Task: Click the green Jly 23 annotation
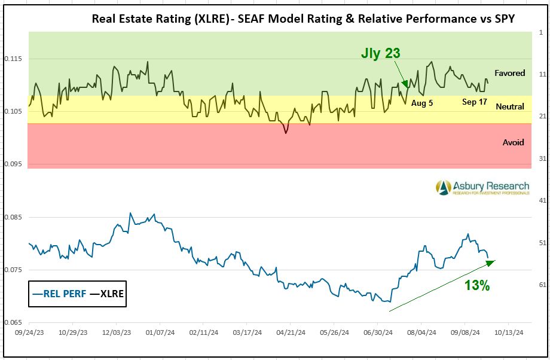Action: [x=380, y=53]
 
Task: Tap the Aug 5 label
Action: [x=422, y=103]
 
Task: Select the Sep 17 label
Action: [x=474, y=102]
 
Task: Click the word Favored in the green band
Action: [x=510, y=73]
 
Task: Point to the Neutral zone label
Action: [x=510, y=106]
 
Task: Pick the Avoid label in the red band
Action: [x=513, y=142]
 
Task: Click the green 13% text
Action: [x=477, y=286]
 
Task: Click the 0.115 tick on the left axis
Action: [x=13, y=59]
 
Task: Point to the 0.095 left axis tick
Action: [x=13, y=164]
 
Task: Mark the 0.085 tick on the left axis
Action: [x=13, y=217]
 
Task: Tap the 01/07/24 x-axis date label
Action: [x=160, y=332]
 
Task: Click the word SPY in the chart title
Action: [x=504, y=18]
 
